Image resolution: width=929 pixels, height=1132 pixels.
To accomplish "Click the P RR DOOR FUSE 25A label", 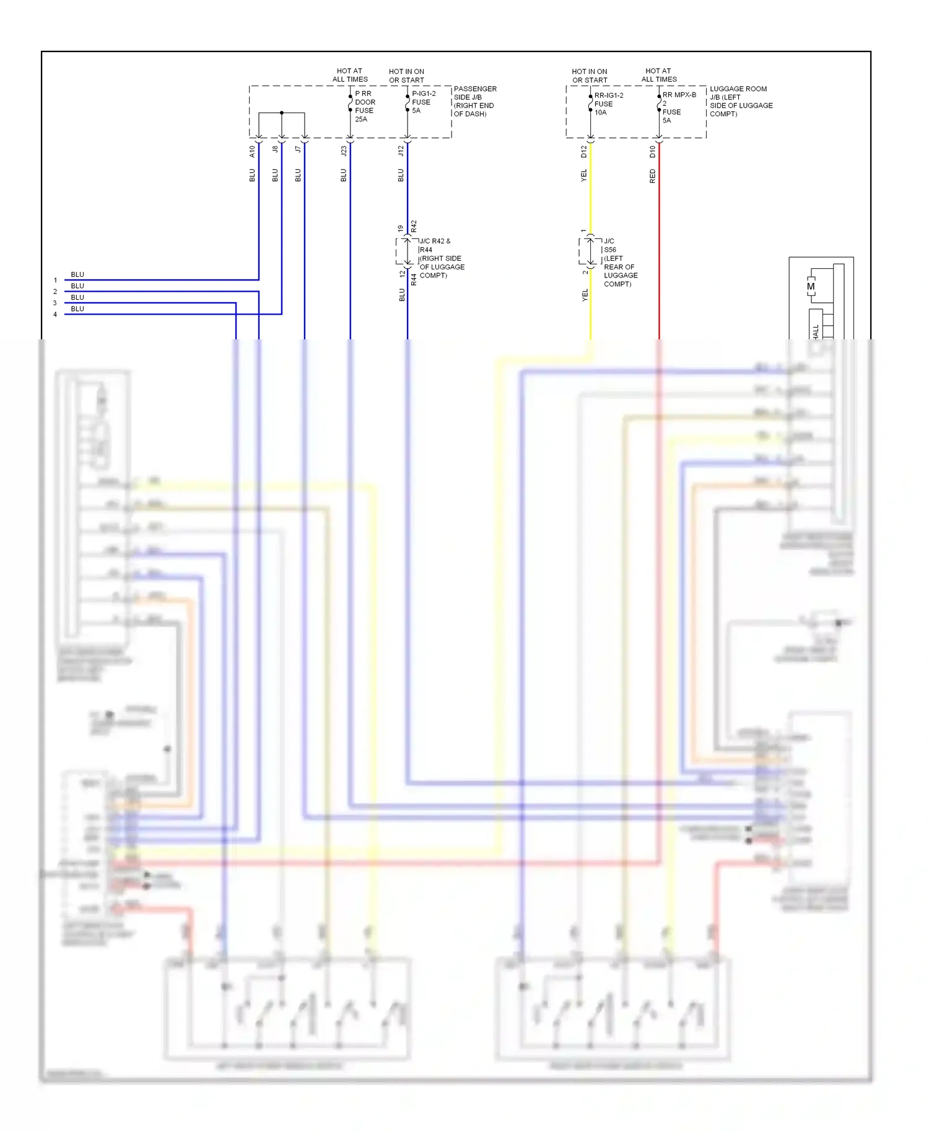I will point(364,106).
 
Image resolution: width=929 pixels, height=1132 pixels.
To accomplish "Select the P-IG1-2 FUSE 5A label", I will point(424,102).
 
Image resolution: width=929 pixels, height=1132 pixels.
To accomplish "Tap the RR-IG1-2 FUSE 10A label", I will point(608,104).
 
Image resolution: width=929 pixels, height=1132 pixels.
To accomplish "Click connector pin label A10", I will point(252,151).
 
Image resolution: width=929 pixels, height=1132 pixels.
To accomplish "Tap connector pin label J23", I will point(344,150).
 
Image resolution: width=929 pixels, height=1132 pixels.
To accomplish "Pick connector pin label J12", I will point(401,150).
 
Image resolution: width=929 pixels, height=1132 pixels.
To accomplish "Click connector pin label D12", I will point(583,151).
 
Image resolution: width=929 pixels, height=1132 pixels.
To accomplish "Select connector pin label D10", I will point(652,151).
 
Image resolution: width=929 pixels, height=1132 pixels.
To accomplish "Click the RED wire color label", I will point(652,176).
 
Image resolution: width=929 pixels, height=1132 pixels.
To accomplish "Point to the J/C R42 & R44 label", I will point(440,258).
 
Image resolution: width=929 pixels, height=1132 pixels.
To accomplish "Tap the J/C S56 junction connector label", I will point(619,262).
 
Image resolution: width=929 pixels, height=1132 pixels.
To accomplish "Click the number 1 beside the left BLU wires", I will point(55,281).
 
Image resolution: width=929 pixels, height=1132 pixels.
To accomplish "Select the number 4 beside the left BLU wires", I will point(55,315).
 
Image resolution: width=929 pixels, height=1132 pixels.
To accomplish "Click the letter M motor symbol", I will point(810,287).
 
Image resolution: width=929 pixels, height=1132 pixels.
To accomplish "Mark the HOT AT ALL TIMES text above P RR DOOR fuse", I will point(349,75).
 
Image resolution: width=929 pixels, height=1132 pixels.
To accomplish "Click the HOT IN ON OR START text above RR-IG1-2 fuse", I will point(589,76).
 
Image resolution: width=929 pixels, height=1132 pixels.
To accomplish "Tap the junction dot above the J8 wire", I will point(282,113).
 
